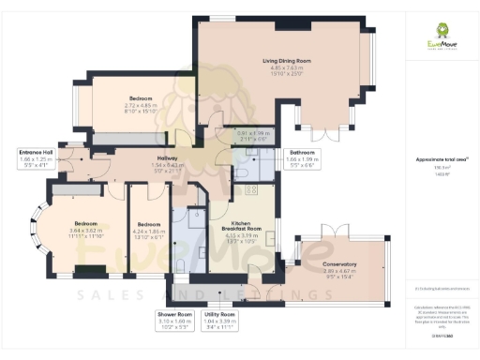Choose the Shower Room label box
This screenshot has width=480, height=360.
pos(174,320)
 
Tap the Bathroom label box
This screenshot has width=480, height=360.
pos(302,157)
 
